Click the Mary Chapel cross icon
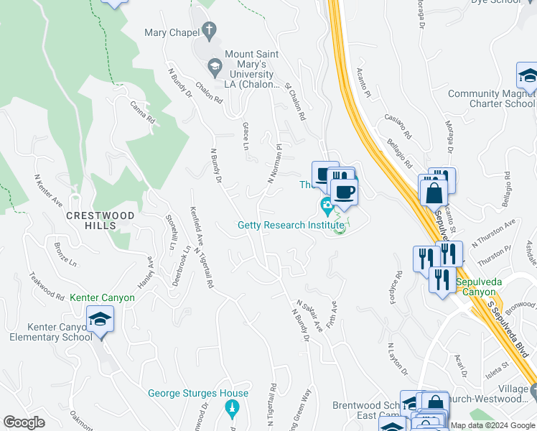point(210,31)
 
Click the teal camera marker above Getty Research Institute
point(327,208)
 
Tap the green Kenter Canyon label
point(102,297)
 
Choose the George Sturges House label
point(198,393)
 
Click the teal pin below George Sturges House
point(231,409)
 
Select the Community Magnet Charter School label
point(491,98)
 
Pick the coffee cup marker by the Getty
point(344,191)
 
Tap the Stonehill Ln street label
point(170,231)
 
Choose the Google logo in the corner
point(24,422)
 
